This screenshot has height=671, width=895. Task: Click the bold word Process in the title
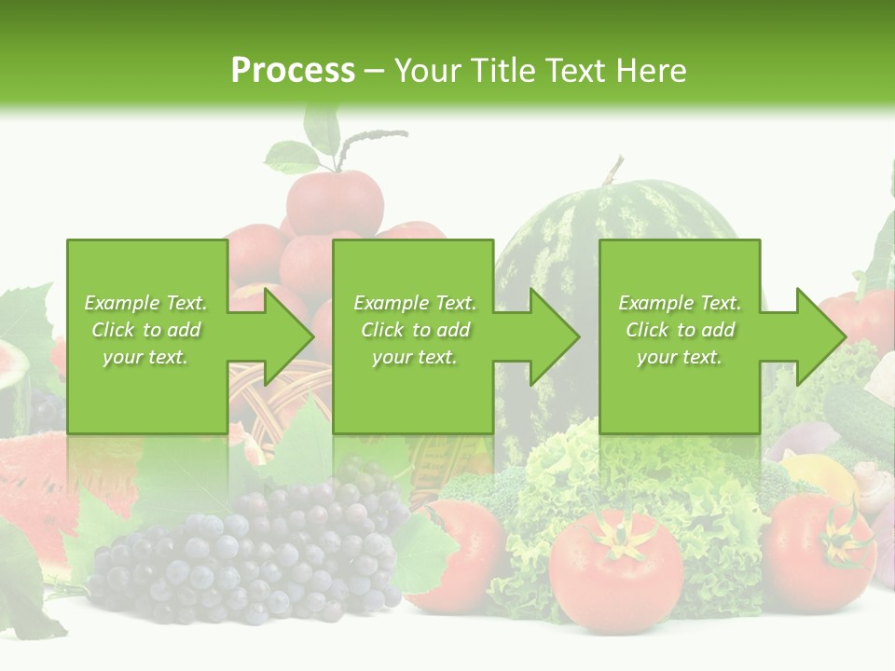tap(293, 70)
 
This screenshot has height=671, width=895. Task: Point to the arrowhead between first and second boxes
tap(289, 336)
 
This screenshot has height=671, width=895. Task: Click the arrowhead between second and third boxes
tap(554, 336)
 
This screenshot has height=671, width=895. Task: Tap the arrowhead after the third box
tap(820, 336)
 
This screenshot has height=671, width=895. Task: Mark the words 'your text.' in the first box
tap(145, 357)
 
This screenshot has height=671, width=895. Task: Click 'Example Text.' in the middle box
tap(415, 303)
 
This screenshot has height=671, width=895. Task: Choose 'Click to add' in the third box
tap(680, 330)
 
